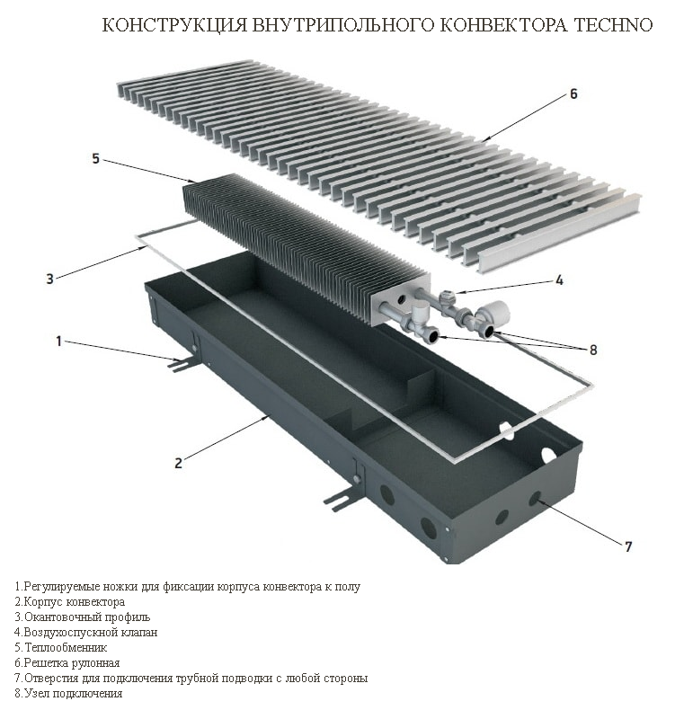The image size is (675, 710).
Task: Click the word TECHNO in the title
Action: pos(613,25)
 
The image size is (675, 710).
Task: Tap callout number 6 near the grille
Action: pos(573,93)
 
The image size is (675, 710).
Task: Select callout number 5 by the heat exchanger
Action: pos(95,159)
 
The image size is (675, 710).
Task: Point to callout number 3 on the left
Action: pos(49,279)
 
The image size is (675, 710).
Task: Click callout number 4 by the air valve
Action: pos(560,280)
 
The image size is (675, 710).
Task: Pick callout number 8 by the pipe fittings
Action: pos(592,350)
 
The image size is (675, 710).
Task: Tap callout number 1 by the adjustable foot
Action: pos(58,341)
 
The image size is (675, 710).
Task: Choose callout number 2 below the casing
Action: pos(178,463)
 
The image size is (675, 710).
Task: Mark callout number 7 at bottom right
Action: pos(628,546)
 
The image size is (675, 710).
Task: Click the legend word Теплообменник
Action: pos(66,647)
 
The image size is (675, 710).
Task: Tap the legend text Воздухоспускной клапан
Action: pos(91,632)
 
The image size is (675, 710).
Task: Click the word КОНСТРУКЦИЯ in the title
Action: pos(175,25)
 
